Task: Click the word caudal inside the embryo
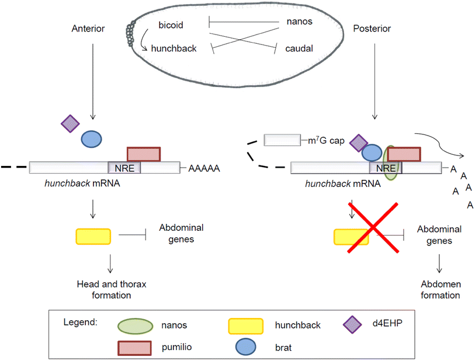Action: click(300, 48)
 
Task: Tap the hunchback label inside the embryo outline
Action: click(174, 49)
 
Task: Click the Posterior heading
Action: click(373, 27)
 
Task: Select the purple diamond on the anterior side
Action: click(70, 123)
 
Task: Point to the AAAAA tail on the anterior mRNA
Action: click(204, 168)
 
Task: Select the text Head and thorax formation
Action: click(111, 289)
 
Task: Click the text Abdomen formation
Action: click(440, 289)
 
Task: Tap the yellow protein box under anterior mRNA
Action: click(93, 236)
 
